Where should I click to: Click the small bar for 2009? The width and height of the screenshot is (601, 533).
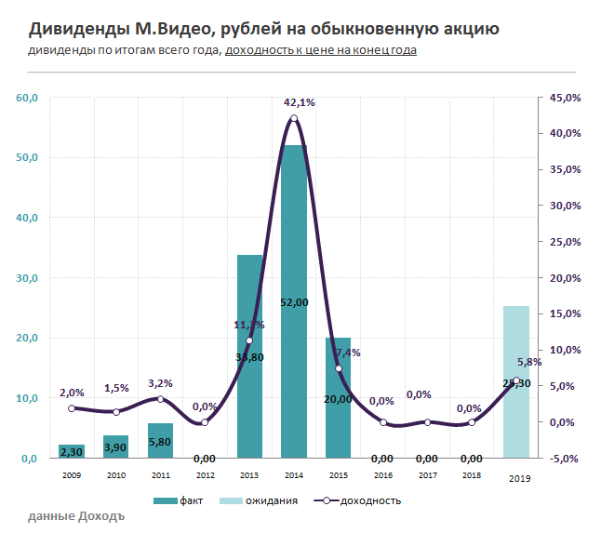point(72,451)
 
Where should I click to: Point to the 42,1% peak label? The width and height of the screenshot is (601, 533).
point(299,102)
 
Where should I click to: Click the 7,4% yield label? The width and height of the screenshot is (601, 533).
point(348,353)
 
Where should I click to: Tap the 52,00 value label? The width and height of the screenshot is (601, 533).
point(294,302)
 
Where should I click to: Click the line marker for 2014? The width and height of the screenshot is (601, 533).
point(294,118)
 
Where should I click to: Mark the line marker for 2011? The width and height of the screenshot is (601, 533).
point(160,399)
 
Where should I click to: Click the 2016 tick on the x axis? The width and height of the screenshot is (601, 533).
point(382,475)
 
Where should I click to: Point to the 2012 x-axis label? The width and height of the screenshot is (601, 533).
point(205,475)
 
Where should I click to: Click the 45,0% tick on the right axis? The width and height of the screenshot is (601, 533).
point(566,98)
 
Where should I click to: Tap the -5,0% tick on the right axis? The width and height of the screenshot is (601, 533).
point(566,459)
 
